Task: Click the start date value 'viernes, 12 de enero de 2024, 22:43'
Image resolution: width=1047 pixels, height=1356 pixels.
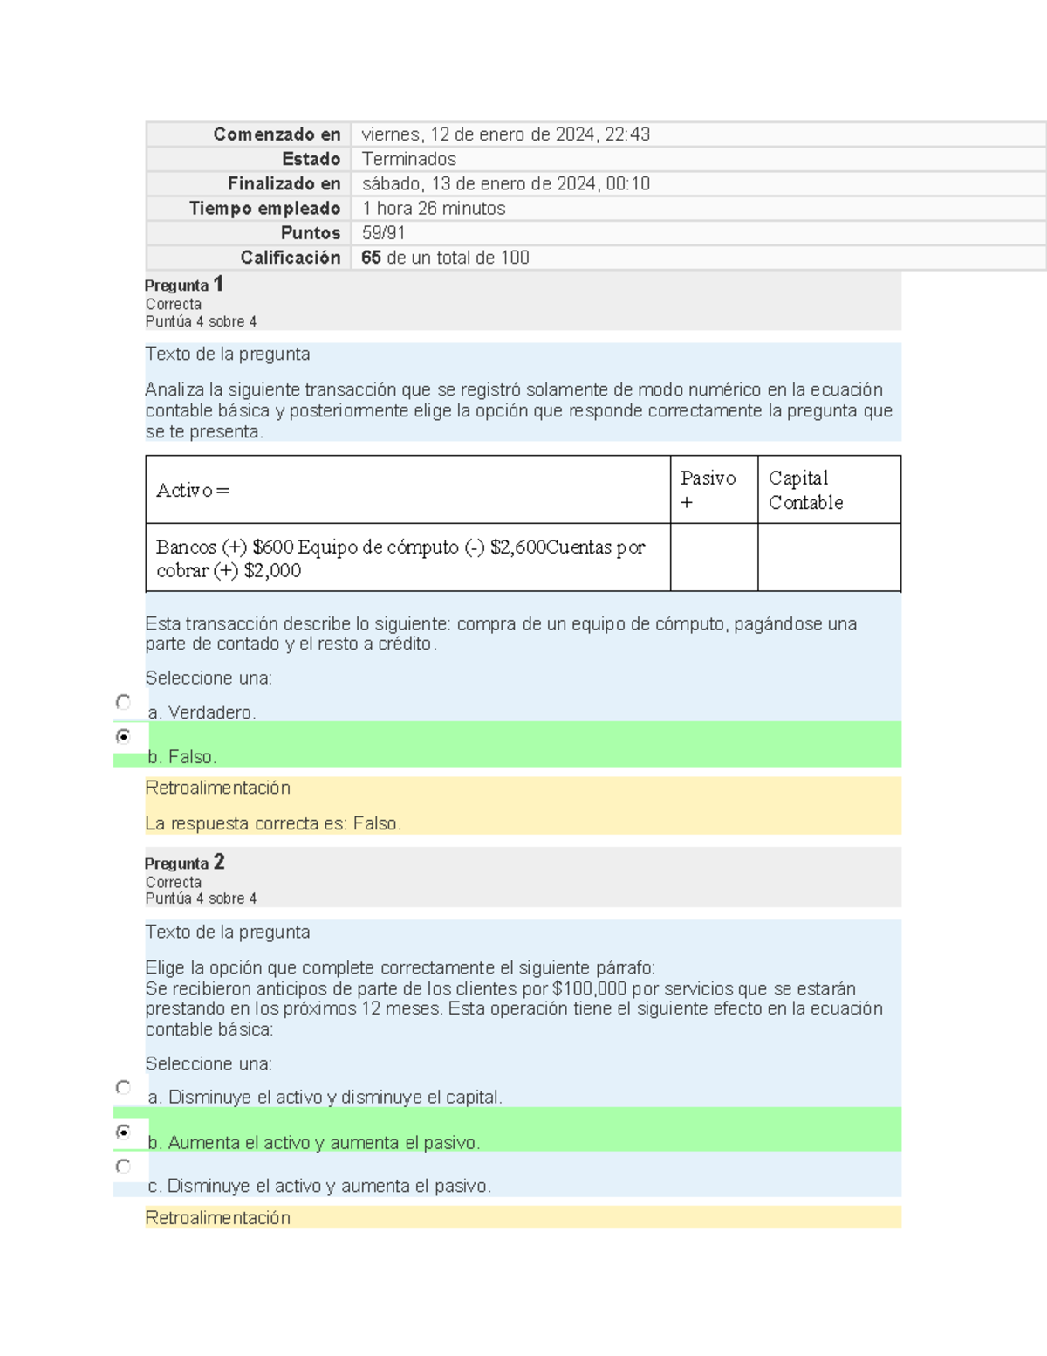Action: click(x=505, y=134)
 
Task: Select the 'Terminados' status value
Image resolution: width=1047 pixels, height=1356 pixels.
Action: click(x=408, y=159)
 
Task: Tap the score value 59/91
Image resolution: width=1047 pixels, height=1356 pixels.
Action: click(x=383, y=233)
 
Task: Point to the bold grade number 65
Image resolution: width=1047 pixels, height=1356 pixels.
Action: click(x=371, y=258)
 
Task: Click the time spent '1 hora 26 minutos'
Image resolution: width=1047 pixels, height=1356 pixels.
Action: click(x=434, y=209)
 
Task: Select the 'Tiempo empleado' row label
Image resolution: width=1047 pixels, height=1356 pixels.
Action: click(x=264, y=209)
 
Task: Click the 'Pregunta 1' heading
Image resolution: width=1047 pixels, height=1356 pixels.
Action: click(x=184, y=285)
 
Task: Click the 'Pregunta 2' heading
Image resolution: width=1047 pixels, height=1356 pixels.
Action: click(x=184, y=863)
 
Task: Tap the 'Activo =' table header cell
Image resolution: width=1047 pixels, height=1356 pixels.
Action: click(x=193, y=491)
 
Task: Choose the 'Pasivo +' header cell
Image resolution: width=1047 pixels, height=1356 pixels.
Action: click(x=708, y=490)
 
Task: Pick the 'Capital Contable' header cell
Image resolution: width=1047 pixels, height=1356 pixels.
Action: click(x=805, y=490)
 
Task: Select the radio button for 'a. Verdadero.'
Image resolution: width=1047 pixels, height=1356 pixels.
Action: click(x=123, y=702)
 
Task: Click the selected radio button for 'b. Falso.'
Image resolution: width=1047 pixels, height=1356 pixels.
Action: click(x=123, y=736)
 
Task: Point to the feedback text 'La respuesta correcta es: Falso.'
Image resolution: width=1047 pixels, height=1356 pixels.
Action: click(x=273, y=823)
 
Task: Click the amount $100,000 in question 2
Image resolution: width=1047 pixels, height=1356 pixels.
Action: click(x=590, y=988)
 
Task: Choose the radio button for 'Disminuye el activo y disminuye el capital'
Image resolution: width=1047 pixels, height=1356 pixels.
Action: click(x=123, y=1087)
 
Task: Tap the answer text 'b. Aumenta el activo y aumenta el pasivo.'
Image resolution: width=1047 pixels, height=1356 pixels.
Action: click(x=314, y=1142)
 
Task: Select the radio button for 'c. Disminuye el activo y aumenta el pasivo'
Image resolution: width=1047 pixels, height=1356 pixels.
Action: click(x=123, y=1167)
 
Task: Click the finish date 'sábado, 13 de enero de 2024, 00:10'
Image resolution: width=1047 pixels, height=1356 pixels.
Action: click(x=505, y=184)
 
